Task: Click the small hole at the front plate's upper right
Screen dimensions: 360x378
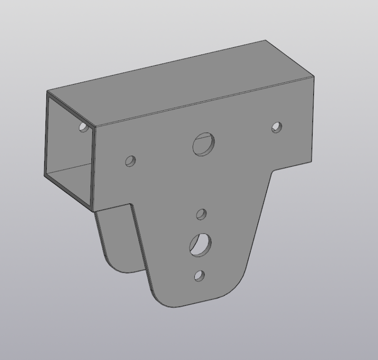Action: (277, 127)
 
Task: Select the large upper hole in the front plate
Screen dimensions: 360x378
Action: (204, 144)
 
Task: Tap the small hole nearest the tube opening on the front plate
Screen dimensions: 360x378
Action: (130, 161)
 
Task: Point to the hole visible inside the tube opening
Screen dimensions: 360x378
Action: (84, 127)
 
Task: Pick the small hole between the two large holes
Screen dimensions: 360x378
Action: (202, 214)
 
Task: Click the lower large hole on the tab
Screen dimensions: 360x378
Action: (200, 245)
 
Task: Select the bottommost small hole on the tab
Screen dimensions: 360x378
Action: (199, 275)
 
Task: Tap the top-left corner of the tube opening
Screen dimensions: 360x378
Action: (48, 92)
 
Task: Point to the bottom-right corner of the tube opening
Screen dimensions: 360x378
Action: (93, 210)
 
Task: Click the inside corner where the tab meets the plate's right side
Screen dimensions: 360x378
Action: (274, 171)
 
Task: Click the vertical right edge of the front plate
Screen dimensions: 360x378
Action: (313, 121)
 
